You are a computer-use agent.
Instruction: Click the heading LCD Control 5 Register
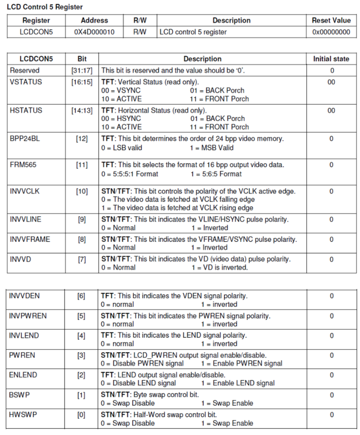pos(45,7)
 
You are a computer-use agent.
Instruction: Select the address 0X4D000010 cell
pos(94,32)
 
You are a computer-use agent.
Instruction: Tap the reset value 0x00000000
pos(331,32)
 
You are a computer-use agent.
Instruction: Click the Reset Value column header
pos(331,21)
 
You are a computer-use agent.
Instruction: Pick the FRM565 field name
pos(22,165)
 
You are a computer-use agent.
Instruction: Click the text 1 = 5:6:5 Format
pos(216,174)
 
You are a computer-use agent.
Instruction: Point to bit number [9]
pos(81,220)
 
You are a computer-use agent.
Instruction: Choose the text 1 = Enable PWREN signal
pos(241,363)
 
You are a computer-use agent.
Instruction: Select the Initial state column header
pos(331,59)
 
